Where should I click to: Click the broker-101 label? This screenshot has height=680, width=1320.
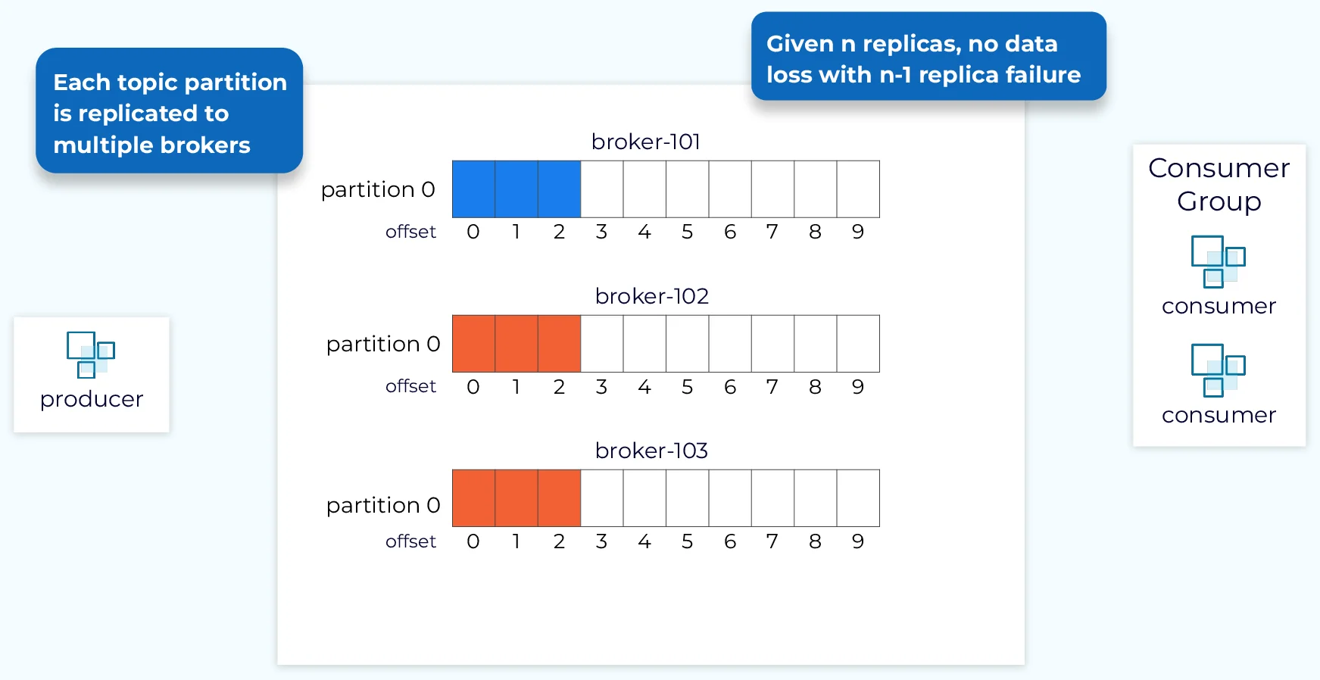pos(646,142)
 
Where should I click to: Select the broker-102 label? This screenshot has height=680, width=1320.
pos(652,296)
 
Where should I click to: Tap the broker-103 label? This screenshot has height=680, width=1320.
pos(651,451)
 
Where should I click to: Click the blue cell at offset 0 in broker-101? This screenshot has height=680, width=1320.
pos(473,189)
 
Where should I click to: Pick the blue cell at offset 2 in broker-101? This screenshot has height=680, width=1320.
pos(559,189)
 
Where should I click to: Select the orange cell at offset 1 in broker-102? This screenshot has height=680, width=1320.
pos(516,344)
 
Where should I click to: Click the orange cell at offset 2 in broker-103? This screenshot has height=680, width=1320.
pos(559,498)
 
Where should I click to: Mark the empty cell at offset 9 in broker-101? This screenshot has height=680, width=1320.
pos(858,189)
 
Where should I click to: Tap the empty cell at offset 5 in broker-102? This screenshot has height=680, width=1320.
pos(688,344)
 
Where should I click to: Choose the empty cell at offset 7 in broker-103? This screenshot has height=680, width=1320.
pos(772,498)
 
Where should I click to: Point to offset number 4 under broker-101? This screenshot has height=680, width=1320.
pos(644,232)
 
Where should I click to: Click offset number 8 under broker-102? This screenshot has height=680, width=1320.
pos(815,387)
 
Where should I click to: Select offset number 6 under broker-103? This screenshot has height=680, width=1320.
pos(730,541)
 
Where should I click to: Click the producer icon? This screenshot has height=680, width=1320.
pos(91,354)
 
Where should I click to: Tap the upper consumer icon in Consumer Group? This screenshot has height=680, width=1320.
pos(1219,261)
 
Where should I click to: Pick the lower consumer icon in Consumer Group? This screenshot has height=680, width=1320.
pos(1219,370)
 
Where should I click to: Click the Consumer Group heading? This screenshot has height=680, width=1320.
pos(1219,185)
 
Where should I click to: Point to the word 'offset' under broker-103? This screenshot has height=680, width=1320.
pos(410,541)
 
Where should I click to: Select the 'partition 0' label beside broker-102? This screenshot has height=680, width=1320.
pos(383,345)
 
